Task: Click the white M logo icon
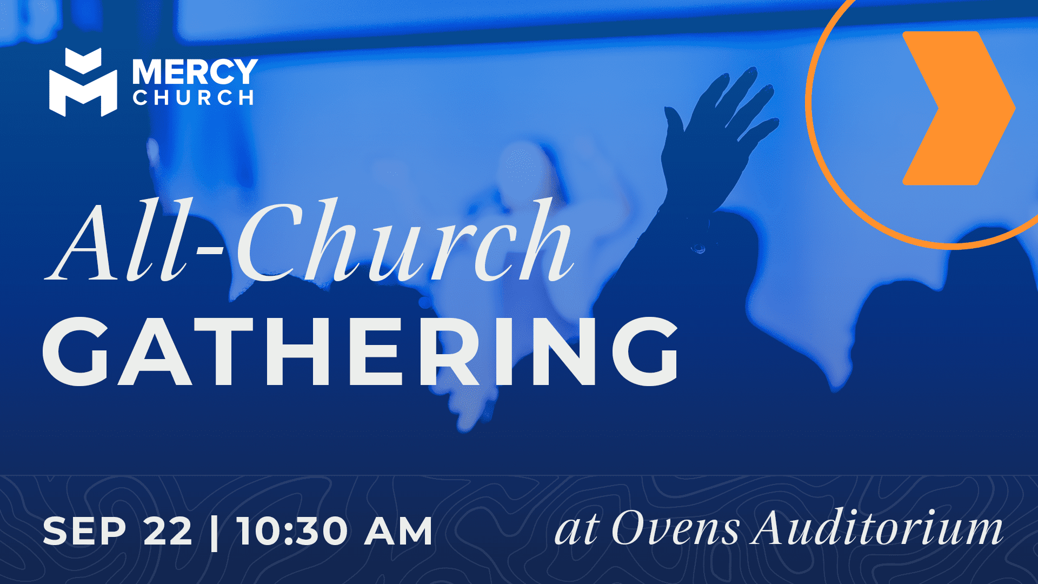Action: [x=83, y=82]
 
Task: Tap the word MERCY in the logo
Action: [x=195, y=72]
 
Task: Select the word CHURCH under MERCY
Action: [x=194, y=98]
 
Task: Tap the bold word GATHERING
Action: [x=361, y=351]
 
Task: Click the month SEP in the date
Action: [x=84, y=532]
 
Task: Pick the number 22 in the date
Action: [x=168, y=532]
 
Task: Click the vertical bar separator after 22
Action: [x=215, y=532]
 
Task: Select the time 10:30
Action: [x=292, y=532]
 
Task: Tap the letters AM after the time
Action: [x=398, y=532]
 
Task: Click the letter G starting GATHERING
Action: [x=76, y=351]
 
